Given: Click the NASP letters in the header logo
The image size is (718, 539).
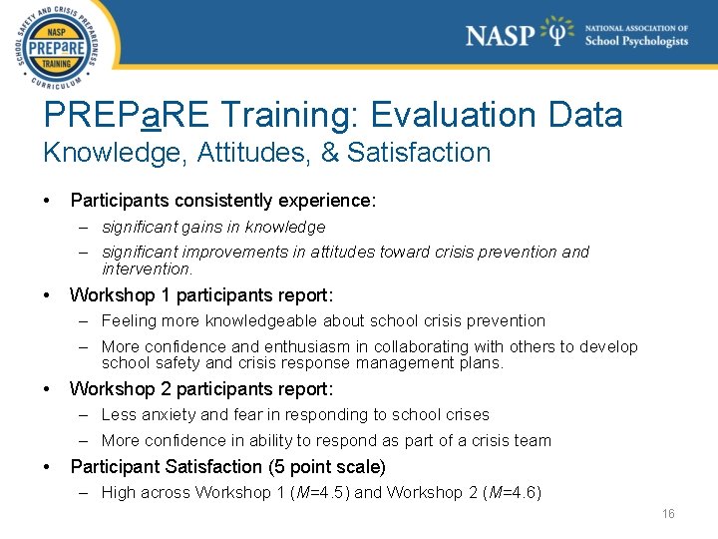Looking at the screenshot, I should click(500, 35).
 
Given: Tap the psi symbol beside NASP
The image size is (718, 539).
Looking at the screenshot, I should click(556, 34).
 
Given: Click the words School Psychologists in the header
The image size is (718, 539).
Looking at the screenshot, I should click(636, 42).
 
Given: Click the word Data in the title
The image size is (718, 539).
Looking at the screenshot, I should click(585, 115).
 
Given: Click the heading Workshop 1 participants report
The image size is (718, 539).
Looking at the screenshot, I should click(200, 295).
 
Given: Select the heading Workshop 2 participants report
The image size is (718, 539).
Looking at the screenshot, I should click(200, 388).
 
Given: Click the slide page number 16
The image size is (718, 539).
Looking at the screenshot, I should click(668, 514).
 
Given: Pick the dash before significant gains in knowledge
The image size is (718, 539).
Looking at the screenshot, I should click(87, 227).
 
